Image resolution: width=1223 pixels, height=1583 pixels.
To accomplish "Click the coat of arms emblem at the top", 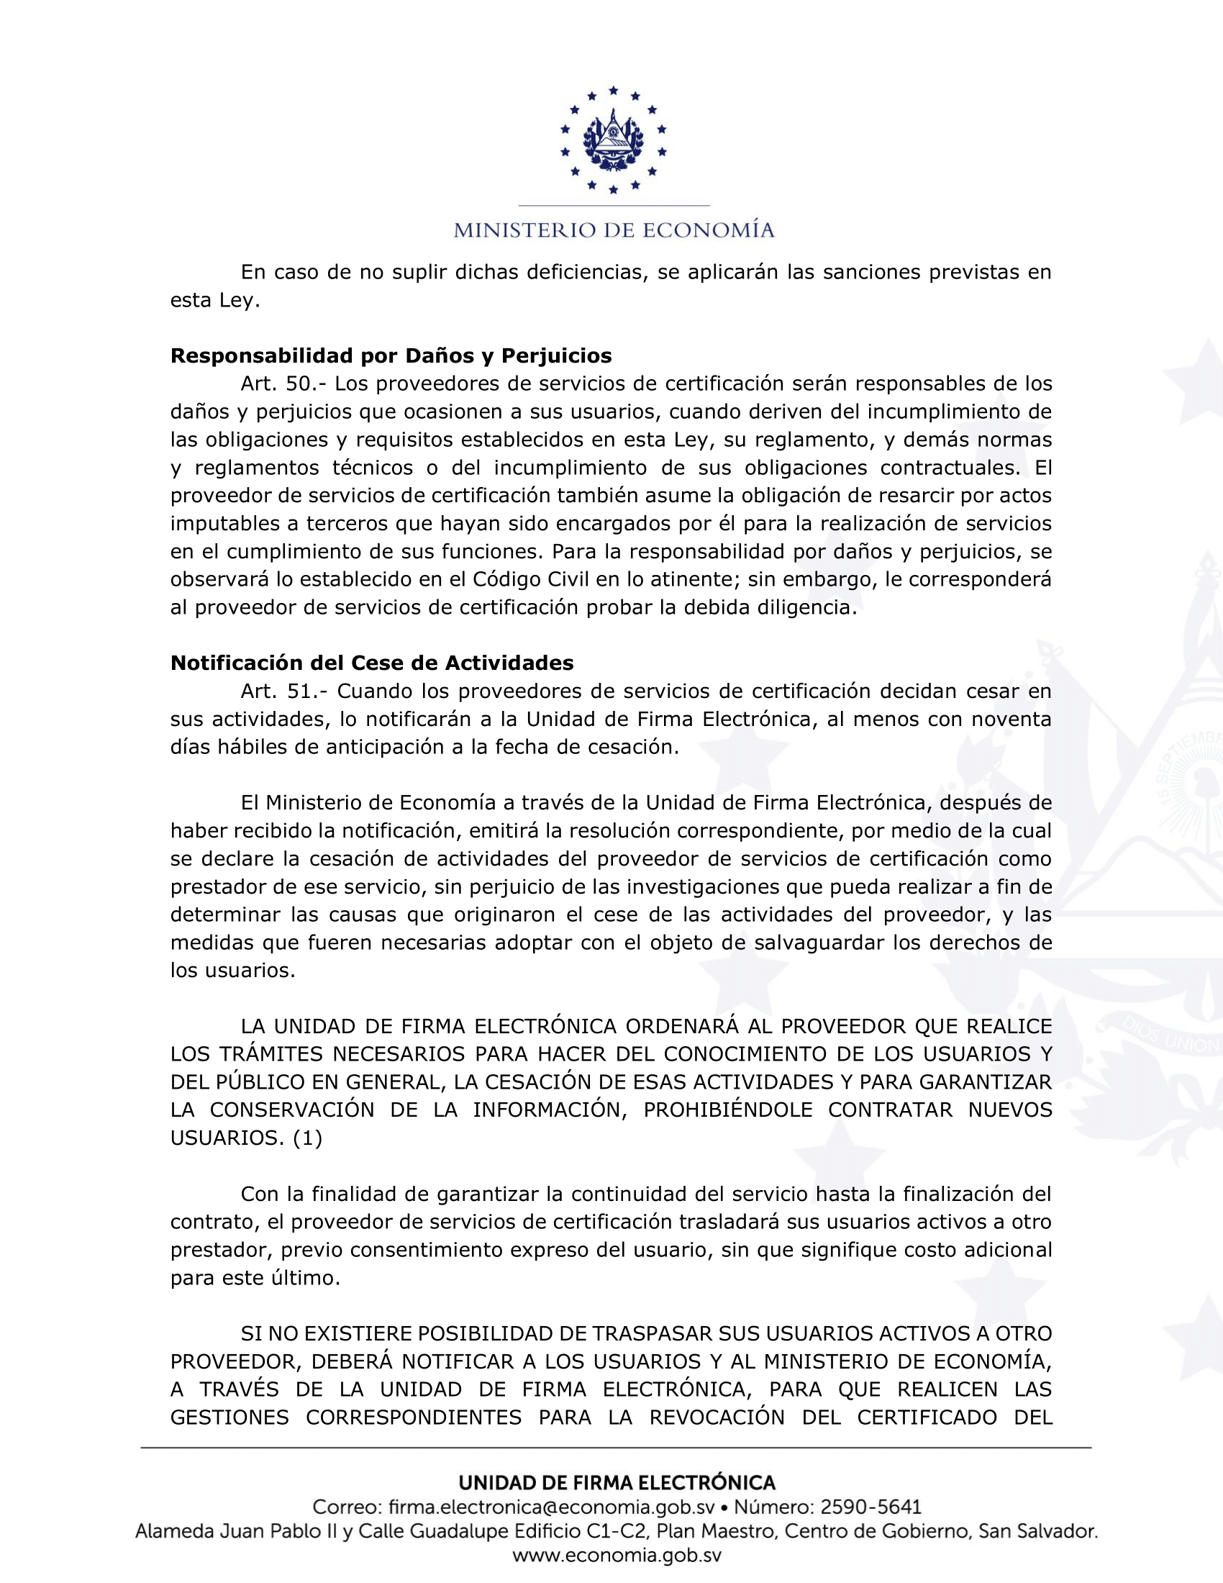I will pos(613,140).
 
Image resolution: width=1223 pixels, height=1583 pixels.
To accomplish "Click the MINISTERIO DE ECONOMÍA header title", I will pos(614,230).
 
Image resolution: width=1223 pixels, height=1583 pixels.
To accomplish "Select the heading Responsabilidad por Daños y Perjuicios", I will pos(391,356).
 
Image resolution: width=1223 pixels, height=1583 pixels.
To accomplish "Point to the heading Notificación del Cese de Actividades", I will pos(372,663).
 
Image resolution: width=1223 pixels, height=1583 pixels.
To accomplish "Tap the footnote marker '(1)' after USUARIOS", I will pos(308,1138).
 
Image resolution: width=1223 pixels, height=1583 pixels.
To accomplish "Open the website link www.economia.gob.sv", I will pos(617,1556).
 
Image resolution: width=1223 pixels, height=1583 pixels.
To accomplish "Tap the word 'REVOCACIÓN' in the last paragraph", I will pos(717,1417).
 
